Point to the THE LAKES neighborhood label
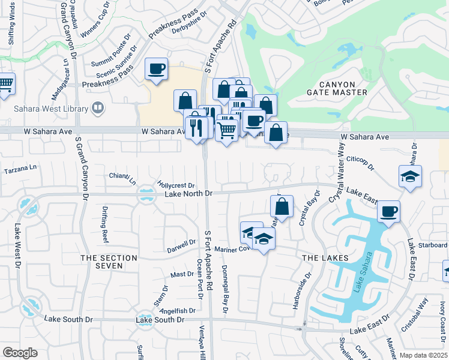325,257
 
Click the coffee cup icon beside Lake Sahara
389,211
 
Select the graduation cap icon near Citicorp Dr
410,176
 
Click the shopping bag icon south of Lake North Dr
282,206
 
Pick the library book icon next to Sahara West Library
98,109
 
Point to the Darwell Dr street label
181,246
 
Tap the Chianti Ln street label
123,178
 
